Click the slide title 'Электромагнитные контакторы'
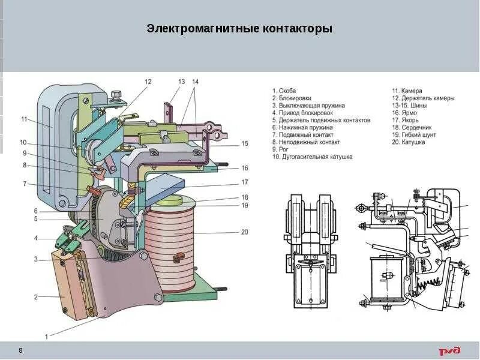pyautogui.click(x=239, y=29)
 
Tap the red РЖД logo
pyautogui.click(x=449, y=350)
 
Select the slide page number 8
pyautogui.click(x=21, y=350)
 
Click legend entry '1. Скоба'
pyautogui.click(x=287, y=91)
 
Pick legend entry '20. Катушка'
pyautogui.click(x=411, y=142)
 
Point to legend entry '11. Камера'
pyautogui.click(x=410, y=91)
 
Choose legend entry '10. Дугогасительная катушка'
pyautogui.click(x=312, y=157)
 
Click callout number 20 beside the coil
pyautogui.click(x=244, y=232)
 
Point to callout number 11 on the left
pyautogui.click(x=25, y=119)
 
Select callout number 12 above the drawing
pyautogui.click(x=148, y=82)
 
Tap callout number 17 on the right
pyautogui.click(x=245, y=182)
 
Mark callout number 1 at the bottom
pyautogui.click(x=47, y=337)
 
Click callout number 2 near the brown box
pyautogui.click(x=36, y=296)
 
